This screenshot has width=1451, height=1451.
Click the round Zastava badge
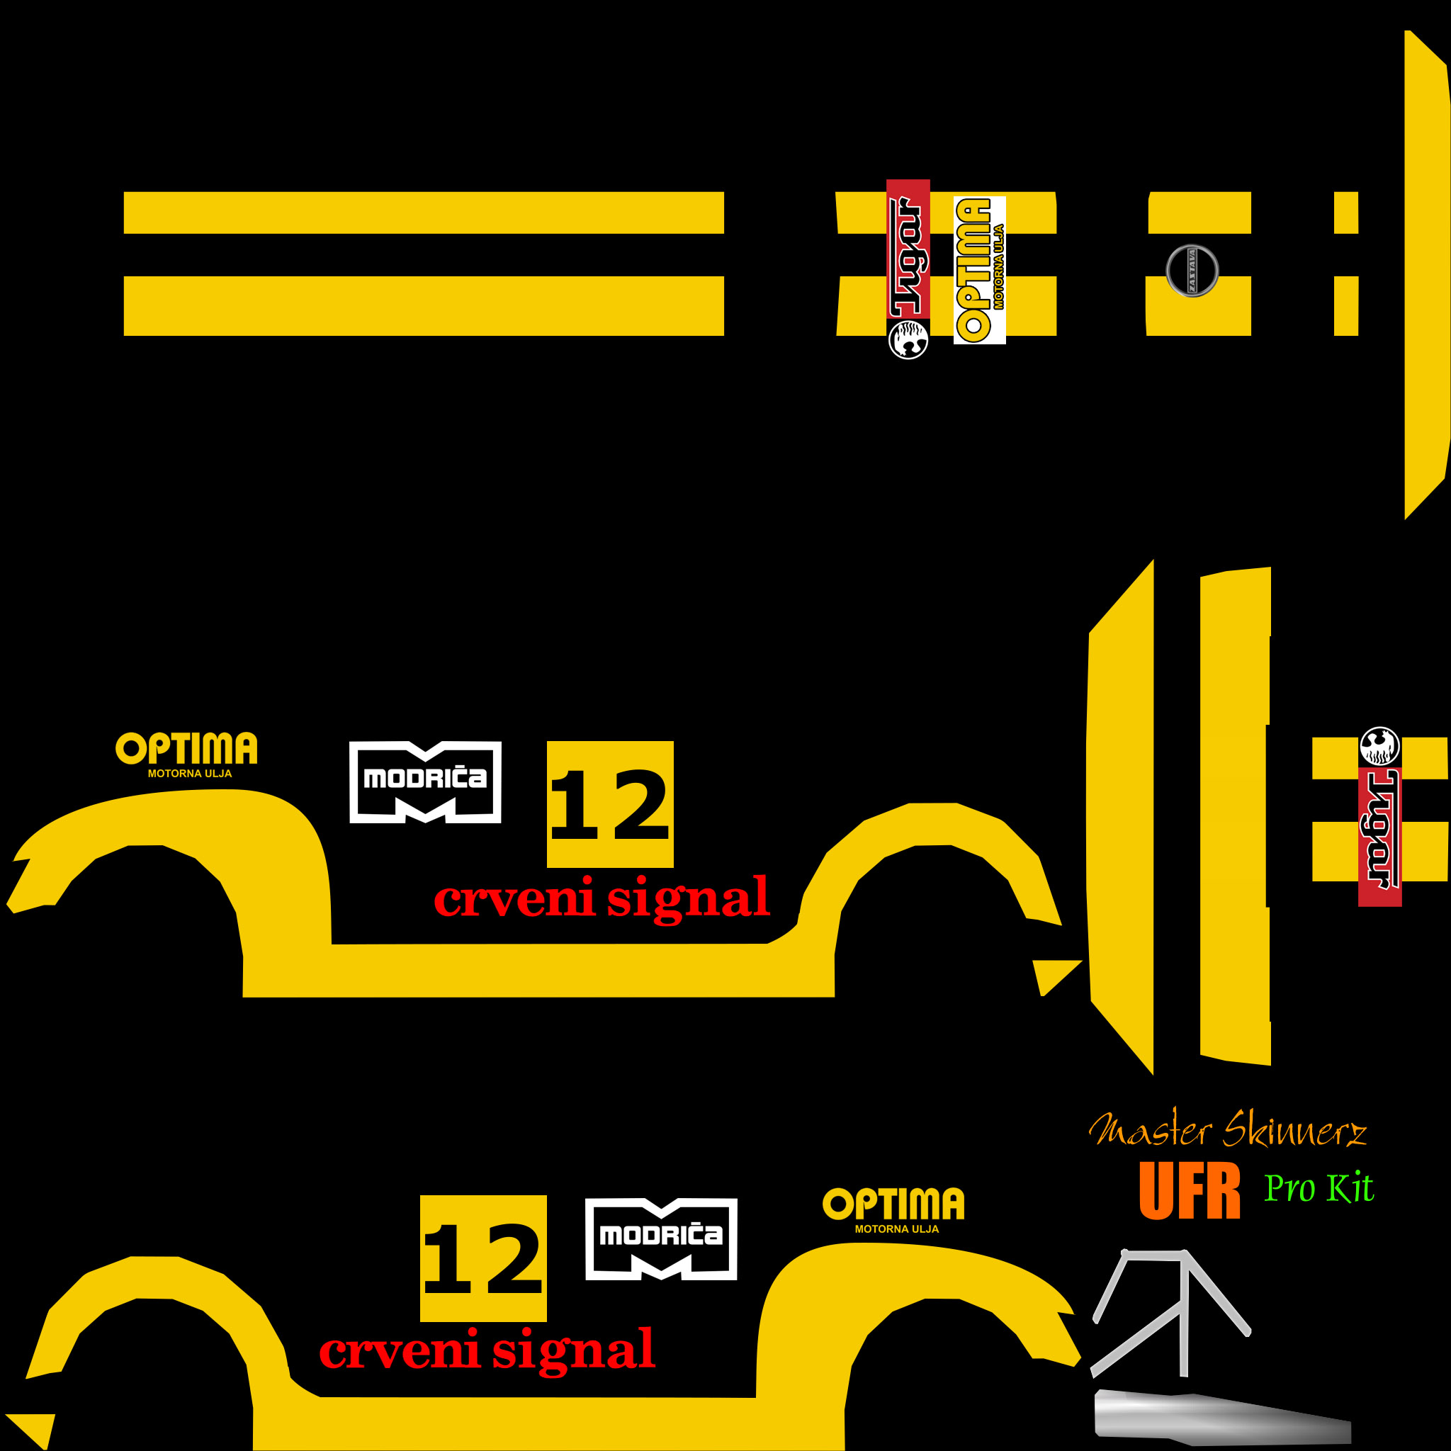[x=1192, y=271]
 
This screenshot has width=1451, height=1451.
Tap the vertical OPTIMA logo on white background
[x=978, y=271]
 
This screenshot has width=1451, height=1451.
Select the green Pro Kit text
[x=1319, y=1189]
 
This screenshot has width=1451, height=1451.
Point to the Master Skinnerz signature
[x=1227, y=1131]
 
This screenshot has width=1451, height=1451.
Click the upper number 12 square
[x=610, y=804]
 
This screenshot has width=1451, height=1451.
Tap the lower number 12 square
[x=483, y=1258]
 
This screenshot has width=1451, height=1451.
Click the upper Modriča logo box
[x=425, y=782]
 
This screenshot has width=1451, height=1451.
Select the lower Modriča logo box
[x=661, y=1238]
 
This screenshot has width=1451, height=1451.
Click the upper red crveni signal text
[x=602, y=898]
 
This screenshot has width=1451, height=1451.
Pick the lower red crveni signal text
[x=487, y=1351]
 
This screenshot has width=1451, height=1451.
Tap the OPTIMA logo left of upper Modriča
[x=186, y=753]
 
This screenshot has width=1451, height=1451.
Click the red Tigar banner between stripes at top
[x=908, y=252]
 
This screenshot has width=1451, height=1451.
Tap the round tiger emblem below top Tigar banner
[x=908, y=339]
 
